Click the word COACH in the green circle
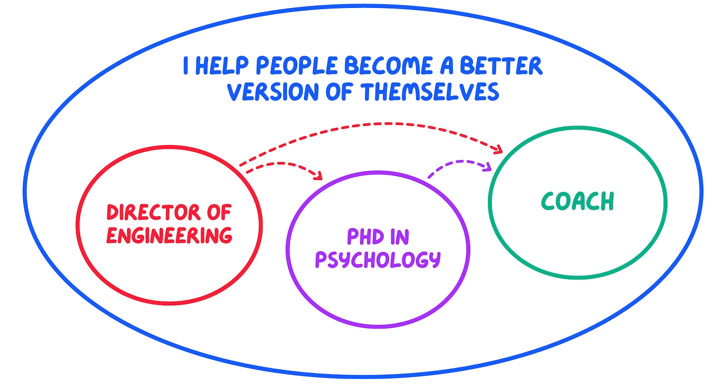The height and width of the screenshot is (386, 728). (x=577, y=201)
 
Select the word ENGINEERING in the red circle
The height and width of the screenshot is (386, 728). (x=169, y=235)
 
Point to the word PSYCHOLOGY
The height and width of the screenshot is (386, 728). (x=377, y=259)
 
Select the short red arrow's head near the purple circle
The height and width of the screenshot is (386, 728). (x=318, y=175)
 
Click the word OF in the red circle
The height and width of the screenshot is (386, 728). (x=218, y=213)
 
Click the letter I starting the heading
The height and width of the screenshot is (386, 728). (x=185, y=66)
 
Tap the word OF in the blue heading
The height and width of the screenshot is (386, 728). (x=340, y=92)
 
